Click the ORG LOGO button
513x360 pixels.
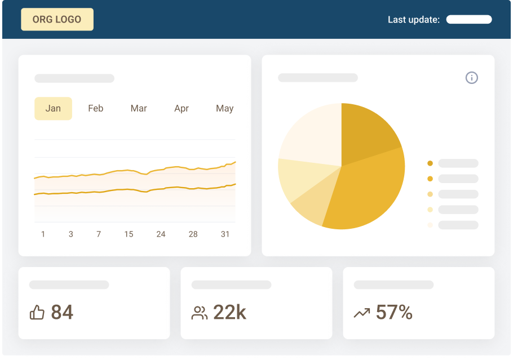point(57,19)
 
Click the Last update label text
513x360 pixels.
point(413,20)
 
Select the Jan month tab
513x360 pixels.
point(53,108)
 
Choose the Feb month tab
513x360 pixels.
point(96,108)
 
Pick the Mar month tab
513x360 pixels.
point(139,108)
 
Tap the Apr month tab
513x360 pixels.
point(182,108)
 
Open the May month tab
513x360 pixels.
point(224,108)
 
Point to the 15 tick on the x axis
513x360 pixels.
point(129,234)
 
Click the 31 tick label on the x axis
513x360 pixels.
point(225,234)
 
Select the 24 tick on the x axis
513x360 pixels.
point(161,234)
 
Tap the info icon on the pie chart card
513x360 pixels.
point(472,78)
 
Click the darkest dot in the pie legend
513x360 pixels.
point(430,163)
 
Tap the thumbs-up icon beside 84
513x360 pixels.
point(37,313)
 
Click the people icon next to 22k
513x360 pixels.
point(200,313)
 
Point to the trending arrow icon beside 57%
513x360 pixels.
point(361,313)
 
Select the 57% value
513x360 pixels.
point(394,312)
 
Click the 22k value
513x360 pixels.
point(229,312)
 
